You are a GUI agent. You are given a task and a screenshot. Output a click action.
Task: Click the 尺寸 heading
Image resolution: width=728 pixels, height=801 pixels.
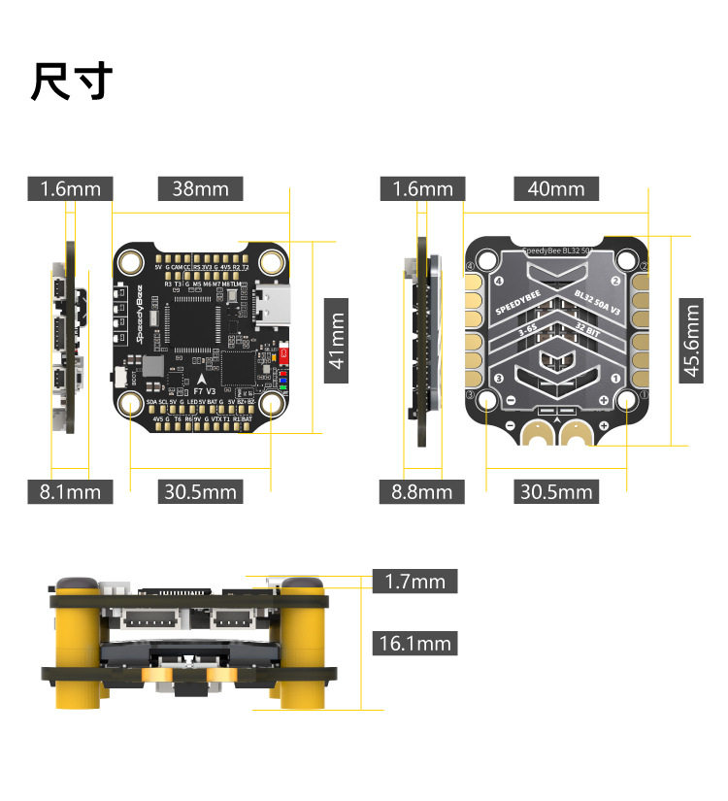pos(72,82)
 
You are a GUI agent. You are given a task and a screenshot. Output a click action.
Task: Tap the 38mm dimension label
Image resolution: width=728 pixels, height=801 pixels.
pos(200,188)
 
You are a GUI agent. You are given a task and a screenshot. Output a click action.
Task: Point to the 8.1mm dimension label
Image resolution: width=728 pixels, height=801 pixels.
pos(70,492)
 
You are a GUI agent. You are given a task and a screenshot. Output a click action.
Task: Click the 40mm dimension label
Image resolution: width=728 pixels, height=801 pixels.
pos(556,188)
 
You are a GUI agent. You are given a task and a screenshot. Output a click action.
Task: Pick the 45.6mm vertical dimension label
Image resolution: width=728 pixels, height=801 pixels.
pos(691,341)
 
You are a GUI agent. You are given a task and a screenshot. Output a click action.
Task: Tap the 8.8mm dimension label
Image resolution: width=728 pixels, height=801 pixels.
pos(421,492)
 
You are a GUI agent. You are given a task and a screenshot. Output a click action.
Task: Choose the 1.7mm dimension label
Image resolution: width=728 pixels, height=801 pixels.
pos(414,582)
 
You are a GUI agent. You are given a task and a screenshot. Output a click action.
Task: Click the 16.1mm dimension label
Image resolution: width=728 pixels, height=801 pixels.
pos(414,643)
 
